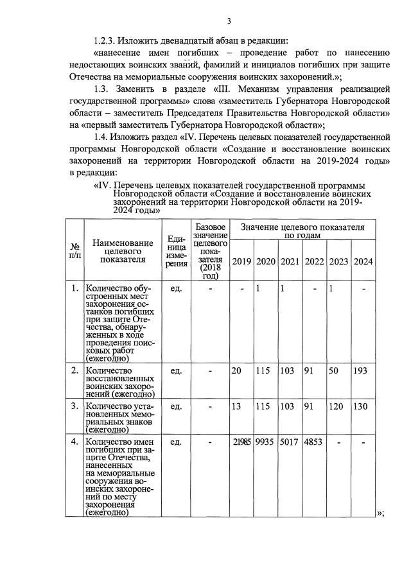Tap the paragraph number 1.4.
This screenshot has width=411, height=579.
click(103, 137)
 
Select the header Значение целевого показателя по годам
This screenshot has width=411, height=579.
click(302, 231)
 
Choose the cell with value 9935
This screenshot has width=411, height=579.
click(266, 442)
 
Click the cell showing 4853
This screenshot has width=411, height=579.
click(314, 442)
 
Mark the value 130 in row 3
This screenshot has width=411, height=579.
click(362, 407)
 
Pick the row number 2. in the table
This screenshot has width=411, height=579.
click(74, 371)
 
